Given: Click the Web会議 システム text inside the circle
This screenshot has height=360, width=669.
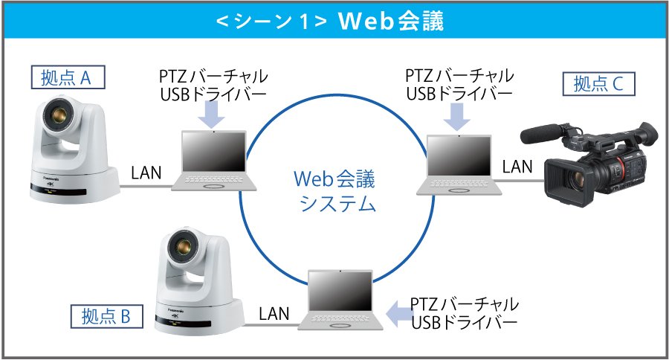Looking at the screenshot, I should pos(335,190).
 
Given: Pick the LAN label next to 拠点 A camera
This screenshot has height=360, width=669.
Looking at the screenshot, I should pos(146,173).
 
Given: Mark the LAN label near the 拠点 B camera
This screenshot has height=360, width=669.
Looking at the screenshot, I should pos(274,312).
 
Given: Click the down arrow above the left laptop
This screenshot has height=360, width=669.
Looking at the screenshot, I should pos(214,113).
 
